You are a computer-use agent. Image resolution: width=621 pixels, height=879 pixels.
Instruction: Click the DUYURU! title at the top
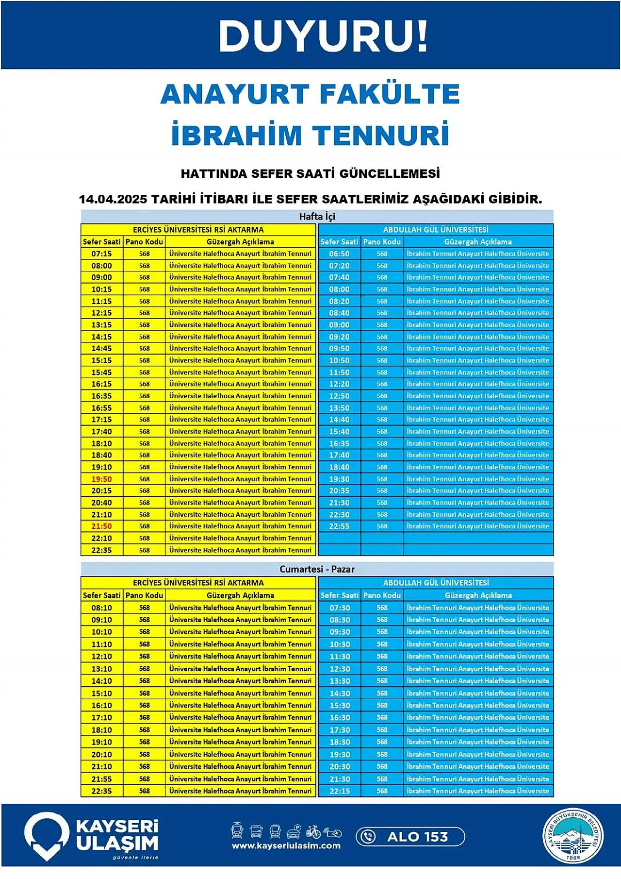pos(323,36)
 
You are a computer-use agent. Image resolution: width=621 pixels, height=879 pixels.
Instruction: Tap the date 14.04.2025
pos(113,199)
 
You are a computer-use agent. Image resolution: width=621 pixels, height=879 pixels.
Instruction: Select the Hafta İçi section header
pos(317,217)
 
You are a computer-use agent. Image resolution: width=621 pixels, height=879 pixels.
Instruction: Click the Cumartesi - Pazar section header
pos(317,569)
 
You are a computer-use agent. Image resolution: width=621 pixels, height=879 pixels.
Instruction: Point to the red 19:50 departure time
pos(101,479)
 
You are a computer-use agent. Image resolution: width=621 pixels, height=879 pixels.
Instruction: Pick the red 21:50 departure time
pos(101,526)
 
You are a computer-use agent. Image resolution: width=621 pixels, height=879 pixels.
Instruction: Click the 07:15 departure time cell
pos(101,254)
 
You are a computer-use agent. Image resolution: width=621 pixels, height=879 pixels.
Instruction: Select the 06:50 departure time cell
pos(339,254)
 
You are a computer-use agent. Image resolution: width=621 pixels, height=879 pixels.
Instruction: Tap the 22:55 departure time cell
pos(339,526)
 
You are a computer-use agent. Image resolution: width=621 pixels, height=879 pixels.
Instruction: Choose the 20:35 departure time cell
pos(339,490)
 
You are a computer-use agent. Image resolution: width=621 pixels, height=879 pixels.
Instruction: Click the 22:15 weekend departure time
pos(340,791)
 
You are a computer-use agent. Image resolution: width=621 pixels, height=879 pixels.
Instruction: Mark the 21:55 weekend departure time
pos(101,779)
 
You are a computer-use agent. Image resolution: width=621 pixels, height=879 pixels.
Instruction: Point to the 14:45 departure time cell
pos(101,348)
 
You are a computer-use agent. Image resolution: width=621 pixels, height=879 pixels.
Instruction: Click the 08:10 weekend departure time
pos(101,608)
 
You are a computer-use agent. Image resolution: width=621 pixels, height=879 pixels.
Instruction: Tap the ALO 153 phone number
pos(417,837)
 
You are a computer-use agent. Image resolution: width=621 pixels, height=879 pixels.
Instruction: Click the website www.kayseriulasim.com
pos(286,845)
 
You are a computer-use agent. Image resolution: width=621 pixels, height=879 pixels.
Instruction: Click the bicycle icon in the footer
pos(313,832)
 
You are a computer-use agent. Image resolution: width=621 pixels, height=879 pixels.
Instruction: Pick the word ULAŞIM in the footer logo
pos(117,844)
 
